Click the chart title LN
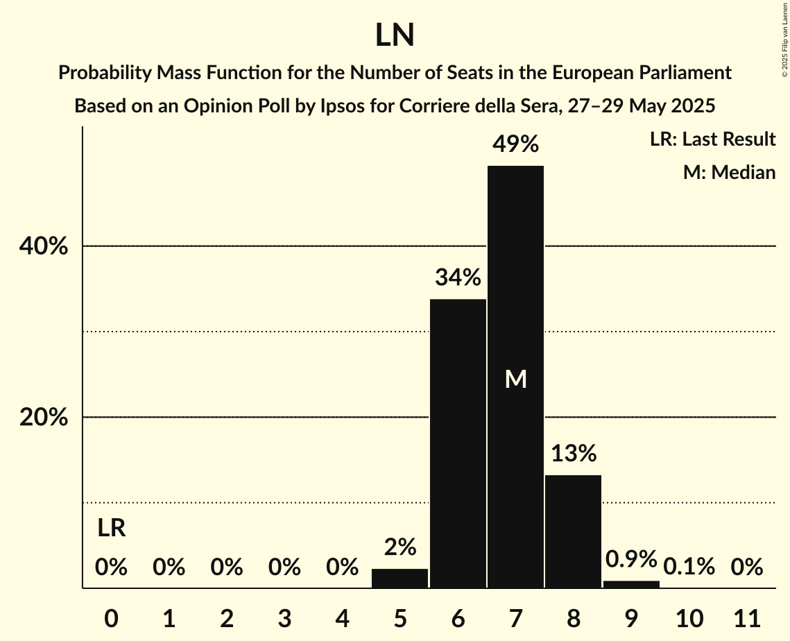point(395,35)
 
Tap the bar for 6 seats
point(458,444)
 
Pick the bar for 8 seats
point(573,531)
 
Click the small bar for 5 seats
point(400,579)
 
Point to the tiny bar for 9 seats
point(631,584)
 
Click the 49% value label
point(515,144)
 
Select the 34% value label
point(458,277)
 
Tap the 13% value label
point(573,454)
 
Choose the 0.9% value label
point(631,558)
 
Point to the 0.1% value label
point(689,567)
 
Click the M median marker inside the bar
point(515,379)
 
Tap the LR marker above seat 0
point(111,529)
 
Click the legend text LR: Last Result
point(712,139)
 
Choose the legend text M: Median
point(729,172)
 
